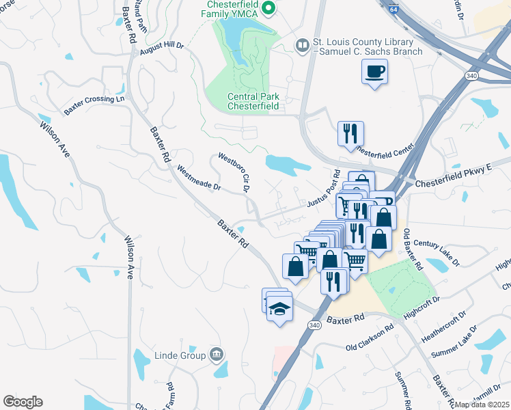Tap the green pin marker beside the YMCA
pos(269,8)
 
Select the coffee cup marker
pos(374,72)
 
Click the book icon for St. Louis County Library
pos(302,45)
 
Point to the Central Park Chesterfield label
pos(253,101)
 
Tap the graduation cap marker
pos(279,309)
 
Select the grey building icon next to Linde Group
pos(217,354)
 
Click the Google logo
pos(23,402)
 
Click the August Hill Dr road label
pos(162,48)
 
